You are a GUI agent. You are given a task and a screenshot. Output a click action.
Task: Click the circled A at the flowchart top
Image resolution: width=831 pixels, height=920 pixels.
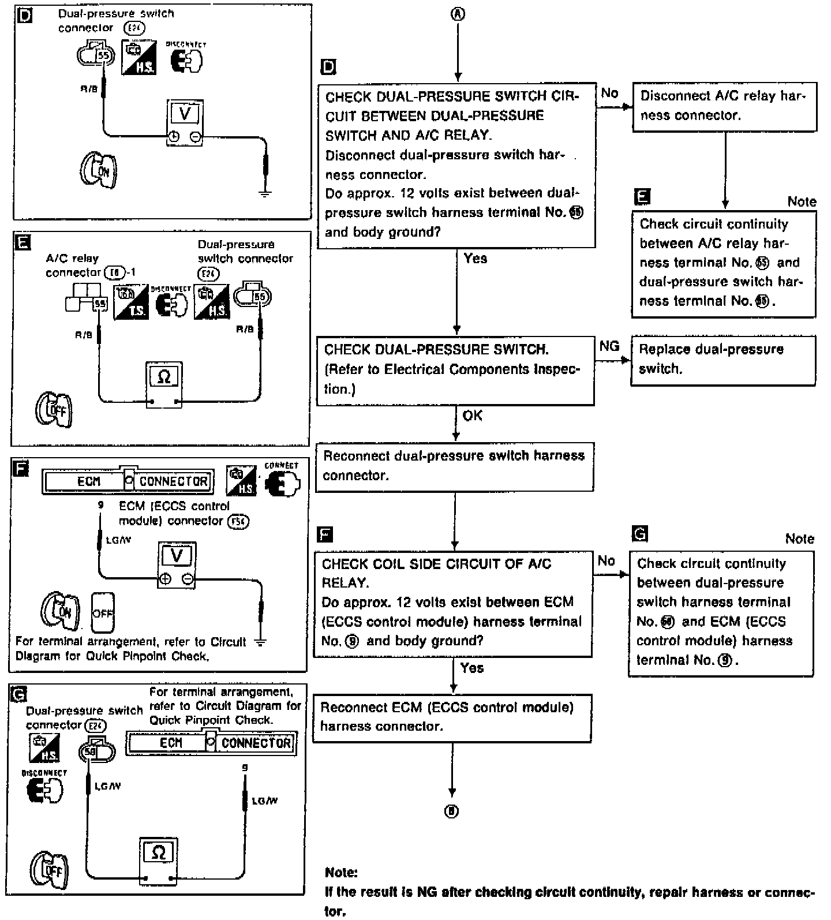[x=458, y=15]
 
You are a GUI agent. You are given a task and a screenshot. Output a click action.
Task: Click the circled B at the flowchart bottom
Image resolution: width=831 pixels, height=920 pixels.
[x=452, y=811]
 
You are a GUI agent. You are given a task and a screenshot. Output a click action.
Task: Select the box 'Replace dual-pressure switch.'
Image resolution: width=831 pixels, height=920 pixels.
[x=723, y=360]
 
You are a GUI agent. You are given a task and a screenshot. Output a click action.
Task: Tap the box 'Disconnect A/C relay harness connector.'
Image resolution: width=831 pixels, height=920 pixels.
[x=724, y=106]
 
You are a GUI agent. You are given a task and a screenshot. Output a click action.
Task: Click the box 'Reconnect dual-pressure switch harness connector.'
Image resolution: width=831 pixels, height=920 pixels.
[x=455, y=466]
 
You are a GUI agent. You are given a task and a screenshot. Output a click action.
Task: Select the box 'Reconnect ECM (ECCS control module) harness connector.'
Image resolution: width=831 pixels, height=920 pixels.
[x=452, y=717]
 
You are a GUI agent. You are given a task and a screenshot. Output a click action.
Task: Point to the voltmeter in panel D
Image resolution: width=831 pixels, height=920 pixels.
[x=185, y=123]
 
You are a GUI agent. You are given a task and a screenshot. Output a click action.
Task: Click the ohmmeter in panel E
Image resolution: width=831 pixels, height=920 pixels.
[x=164, y=386]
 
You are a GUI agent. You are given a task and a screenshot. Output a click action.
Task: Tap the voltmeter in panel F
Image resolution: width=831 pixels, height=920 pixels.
[x=177, y=565]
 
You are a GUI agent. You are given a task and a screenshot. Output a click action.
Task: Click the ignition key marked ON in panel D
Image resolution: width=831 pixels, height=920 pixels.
[x=98, y=171]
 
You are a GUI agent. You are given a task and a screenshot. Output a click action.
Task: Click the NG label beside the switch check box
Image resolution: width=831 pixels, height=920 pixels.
[x=609, y=346]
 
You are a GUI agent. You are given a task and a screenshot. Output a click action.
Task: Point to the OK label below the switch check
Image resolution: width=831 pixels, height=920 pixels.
[x=472, y=416]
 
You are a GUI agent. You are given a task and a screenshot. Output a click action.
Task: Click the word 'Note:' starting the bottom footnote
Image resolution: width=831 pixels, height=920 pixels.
[x=341, y=872]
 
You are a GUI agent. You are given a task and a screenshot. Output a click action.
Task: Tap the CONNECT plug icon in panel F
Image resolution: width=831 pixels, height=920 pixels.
[x=282, y=484]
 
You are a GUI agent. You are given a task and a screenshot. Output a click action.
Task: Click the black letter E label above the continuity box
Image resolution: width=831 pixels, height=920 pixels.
[x=641, y=197]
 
